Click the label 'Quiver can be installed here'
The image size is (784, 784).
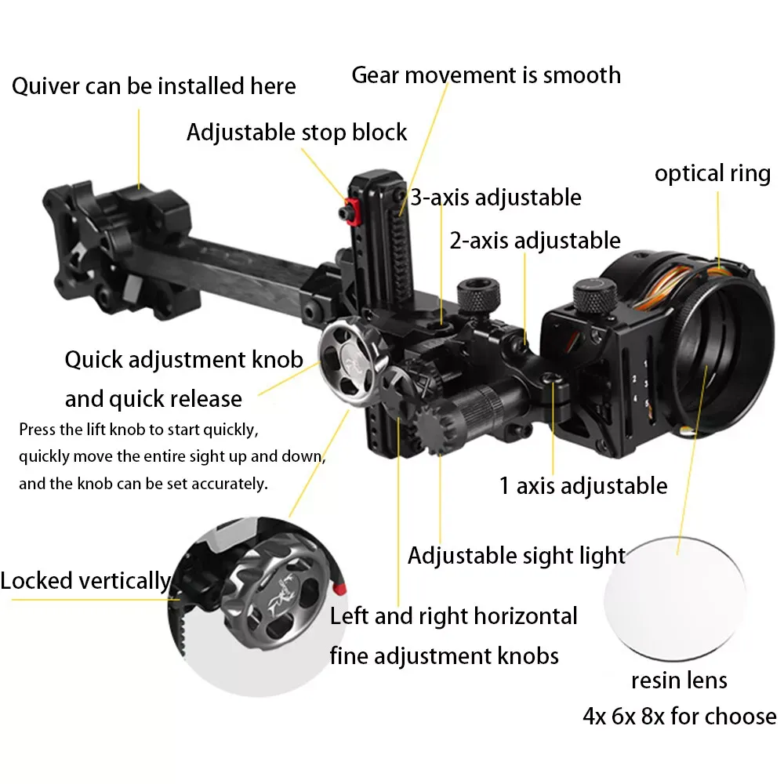click(x=154, y=85)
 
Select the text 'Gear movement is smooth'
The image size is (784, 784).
click(x=486, y=75)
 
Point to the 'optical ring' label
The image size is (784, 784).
click(x=713, y=173)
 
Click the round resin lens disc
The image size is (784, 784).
click(x=675, y=597)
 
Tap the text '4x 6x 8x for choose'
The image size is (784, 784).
click(x=679, y=716)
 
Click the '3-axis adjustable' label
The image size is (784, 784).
click(x=496, y=197)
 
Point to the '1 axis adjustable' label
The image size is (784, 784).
click(x=583, y=485)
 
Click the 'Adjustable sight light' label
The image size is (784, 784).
click(x=517, y=556)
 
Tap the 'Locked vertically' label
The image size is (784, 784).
click(x=85, y=581)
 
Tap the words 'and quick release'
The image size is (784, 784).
click(x=154, y=399)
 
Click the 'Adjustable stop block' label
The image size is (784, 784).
click(x=297, y=132)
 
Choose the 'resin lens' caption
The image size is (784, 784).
click(x=679, y=680)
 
